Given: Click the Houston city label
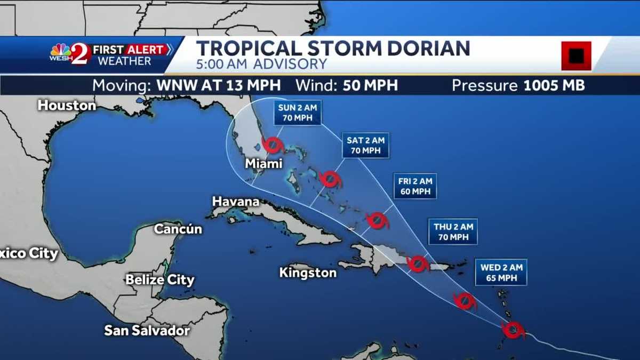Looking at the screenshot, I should [67, 106].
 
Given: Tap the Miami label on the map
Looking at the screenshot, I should [263, 163].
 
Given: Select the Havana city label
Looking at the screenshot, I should [236, 202].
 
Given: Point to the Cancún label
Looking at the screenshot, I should [178, 229].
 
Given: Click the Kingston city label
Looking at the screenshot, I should [308, 273].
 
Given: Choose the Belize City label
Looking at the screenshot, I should [160, 280].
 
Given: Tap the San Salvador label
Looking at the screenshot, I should [147, 331].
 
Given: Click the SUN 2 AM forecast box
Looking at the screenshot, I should [298, 113].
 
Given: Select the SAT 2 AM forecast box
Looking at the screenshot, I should [365, 145].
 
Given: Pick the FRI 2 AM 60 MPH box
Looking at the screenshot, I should [414, 186].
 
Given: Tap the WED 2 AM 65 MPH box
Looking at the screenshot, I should [501, 273].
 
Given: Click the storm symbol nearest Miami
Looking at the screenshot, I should [273, 145].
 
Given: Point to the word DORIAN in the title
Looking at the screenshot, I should [427, 49].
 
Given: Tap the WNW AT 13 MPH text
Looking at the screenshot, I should [219, 85].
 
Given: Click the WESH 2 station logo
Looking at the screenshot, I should [69, 54].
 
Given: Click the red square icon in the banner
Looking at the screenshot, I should [576, 55].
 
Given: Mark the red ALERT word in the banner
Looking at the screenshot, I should [145, 50].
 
